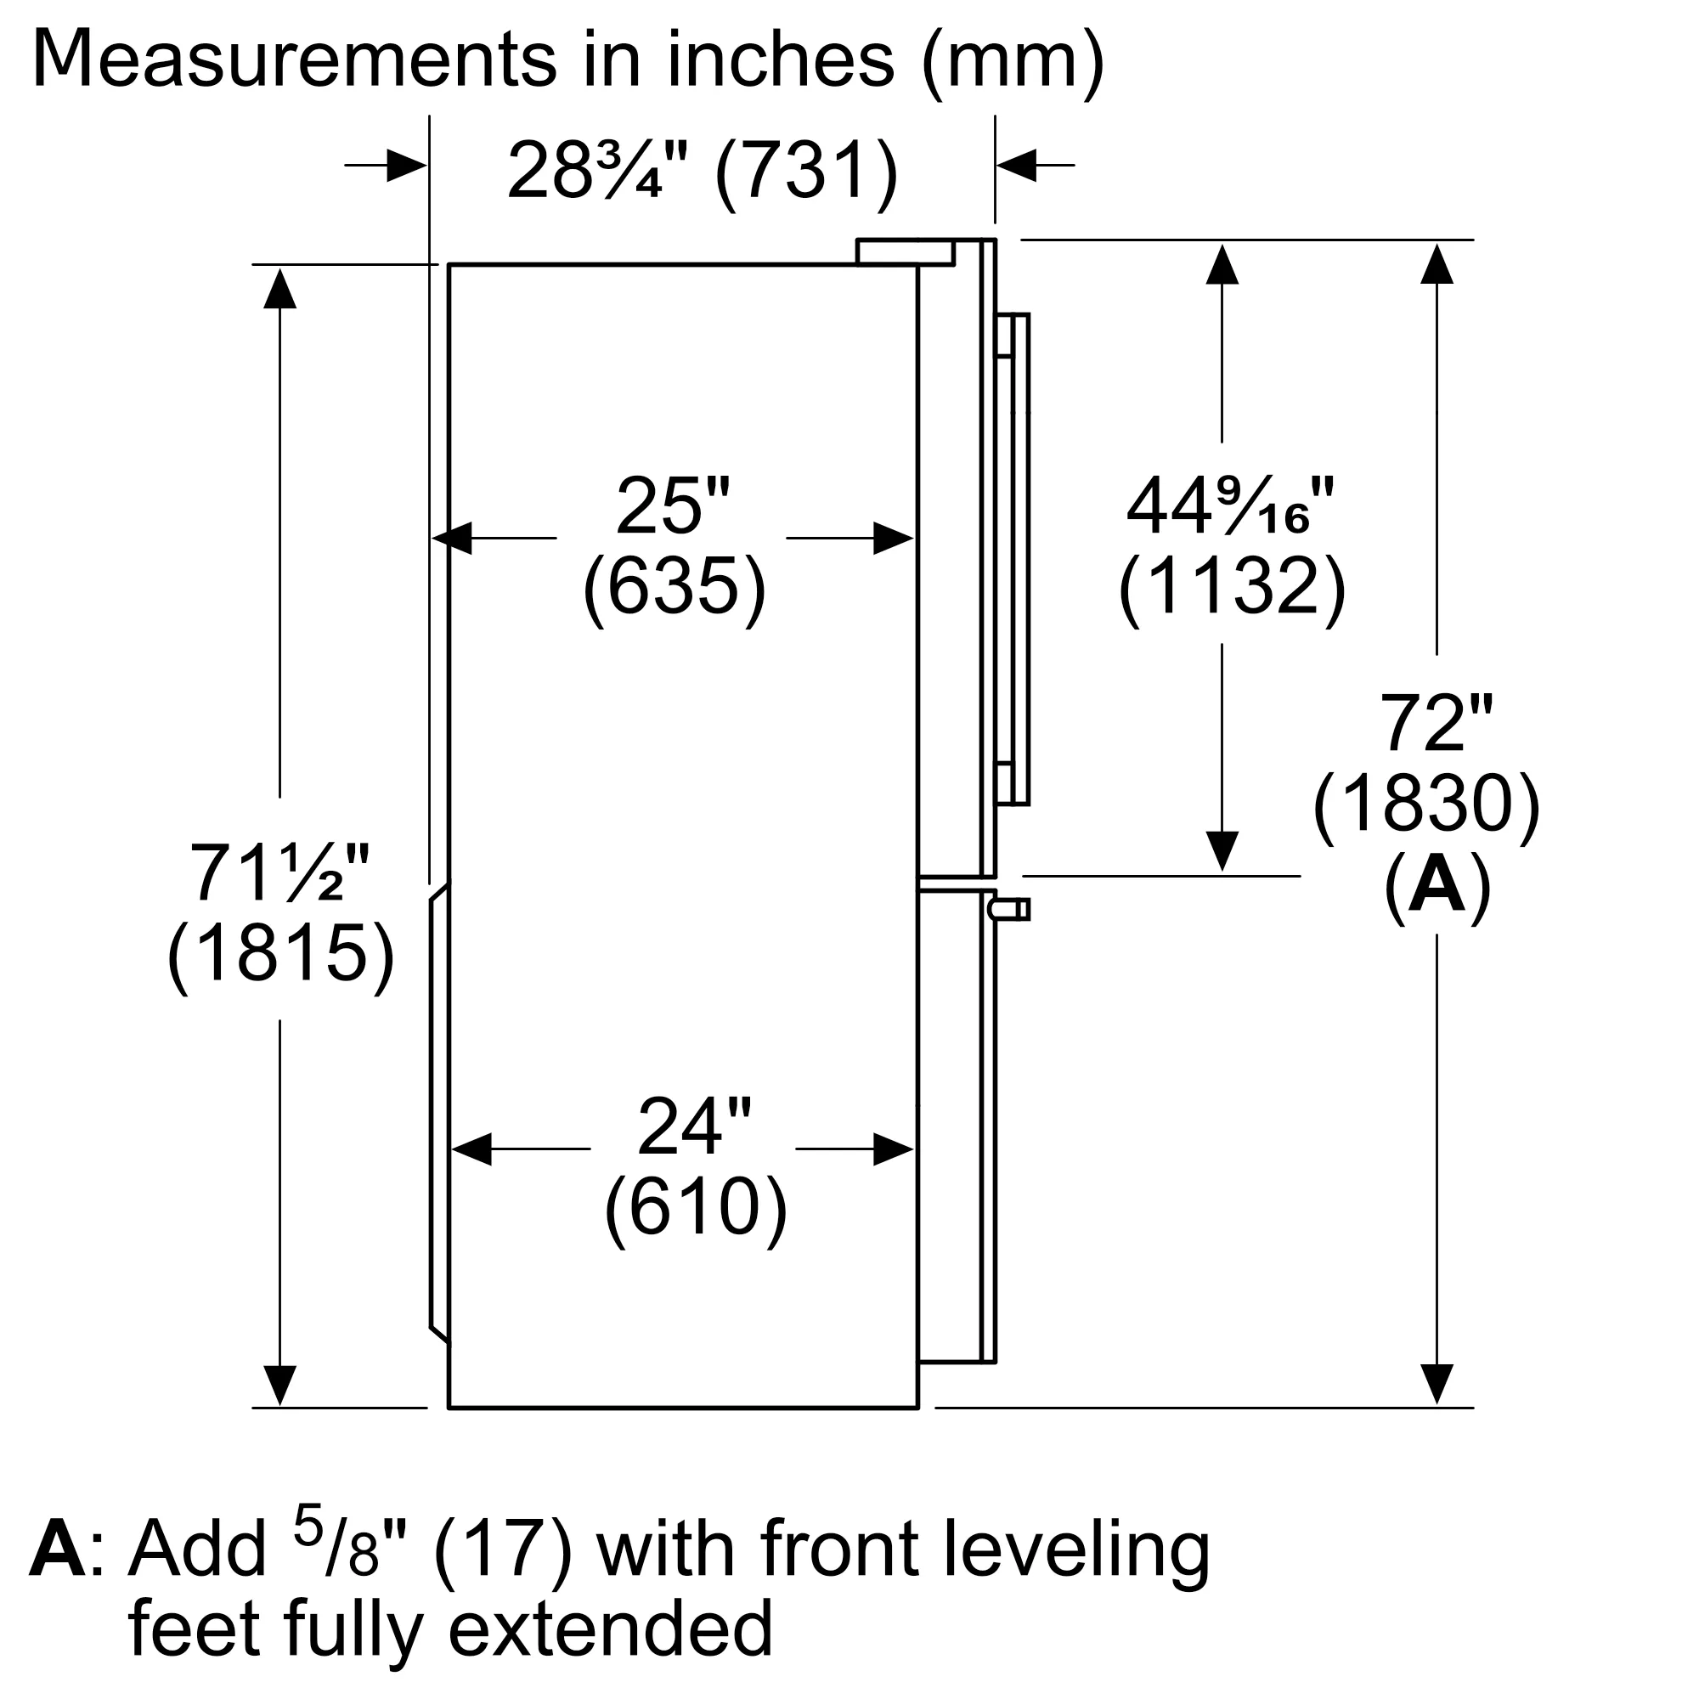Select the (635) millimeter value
pyautogui.click(x=675, y=586)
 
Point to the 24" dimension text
pyautogui.click(x=694, y=1126)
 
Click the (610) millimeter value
pyautogui.click(x=696, y=1207)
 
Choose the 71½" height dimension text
pyautogui.click(x=280, y=873)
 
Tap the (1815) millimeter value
pyautogui.click(x=280, y=954)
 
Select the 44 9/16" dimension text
pyautogui.click(x=1229, y=507)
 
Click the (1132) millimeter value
pyautogui.click(x=1232, y=586)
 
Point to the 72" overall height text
pyautogui.click(x=1436, y=723)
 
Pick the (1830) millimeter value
pyautogui.click(x=1426, y=804)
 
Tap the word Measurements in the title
pyautogui.click(x=295, y=59)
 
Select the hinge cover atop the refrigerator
pyautogui.click(x=906, y=251)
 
